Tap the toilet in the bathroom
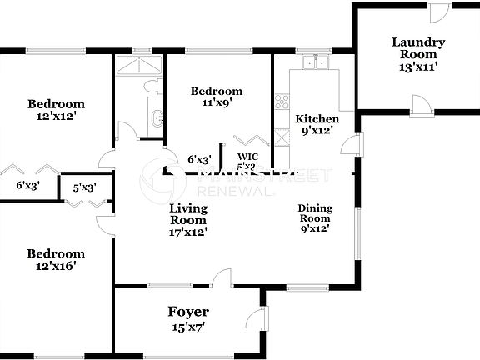click(x=152, y=85)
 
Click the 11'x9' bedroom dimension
click(x=216, y=104)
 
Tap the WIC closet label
click(x=248, y=156)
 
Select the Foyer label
click(x=187, y=312)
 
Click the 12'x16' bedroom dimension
click(x=55, y=267)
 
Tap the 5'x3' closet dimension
click(x=85, y=187)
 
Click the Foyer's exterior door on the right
click(x=260, y=319)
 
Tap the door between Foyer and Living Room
click(x=221, y=278)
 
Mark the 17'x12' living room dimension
click(x=188, y=232)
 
